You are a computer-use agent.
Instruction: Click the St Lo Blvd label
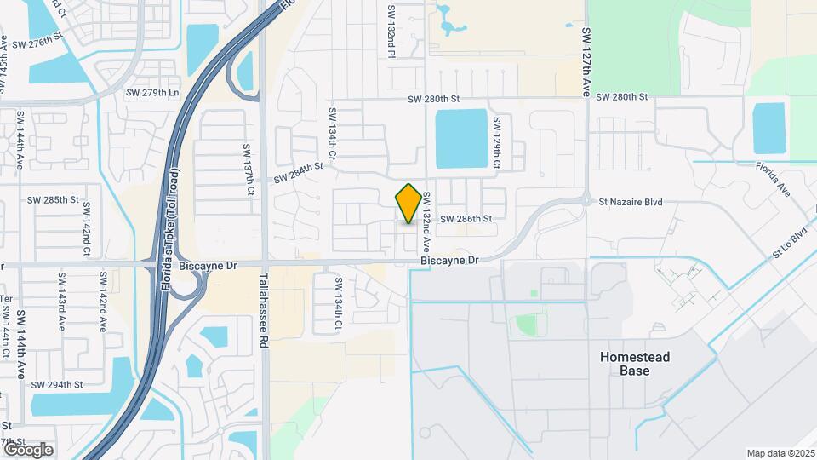pos(789,244)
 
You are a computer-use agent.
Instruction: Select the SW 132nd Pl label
pos(391,32)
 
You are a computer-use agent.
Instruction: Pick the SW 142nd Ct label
pos(86,241)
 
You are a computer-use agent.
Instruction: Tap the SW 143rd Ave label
pos(61,295)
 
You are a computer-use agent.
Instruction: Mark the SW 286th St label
pos(466,219)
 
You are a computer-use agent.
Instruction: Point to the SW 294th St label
pos(57,385)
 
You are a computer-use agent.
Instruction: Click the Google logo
pos(27,449)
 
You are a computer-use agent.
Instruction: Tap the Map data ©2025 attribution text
pos(780,453)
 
